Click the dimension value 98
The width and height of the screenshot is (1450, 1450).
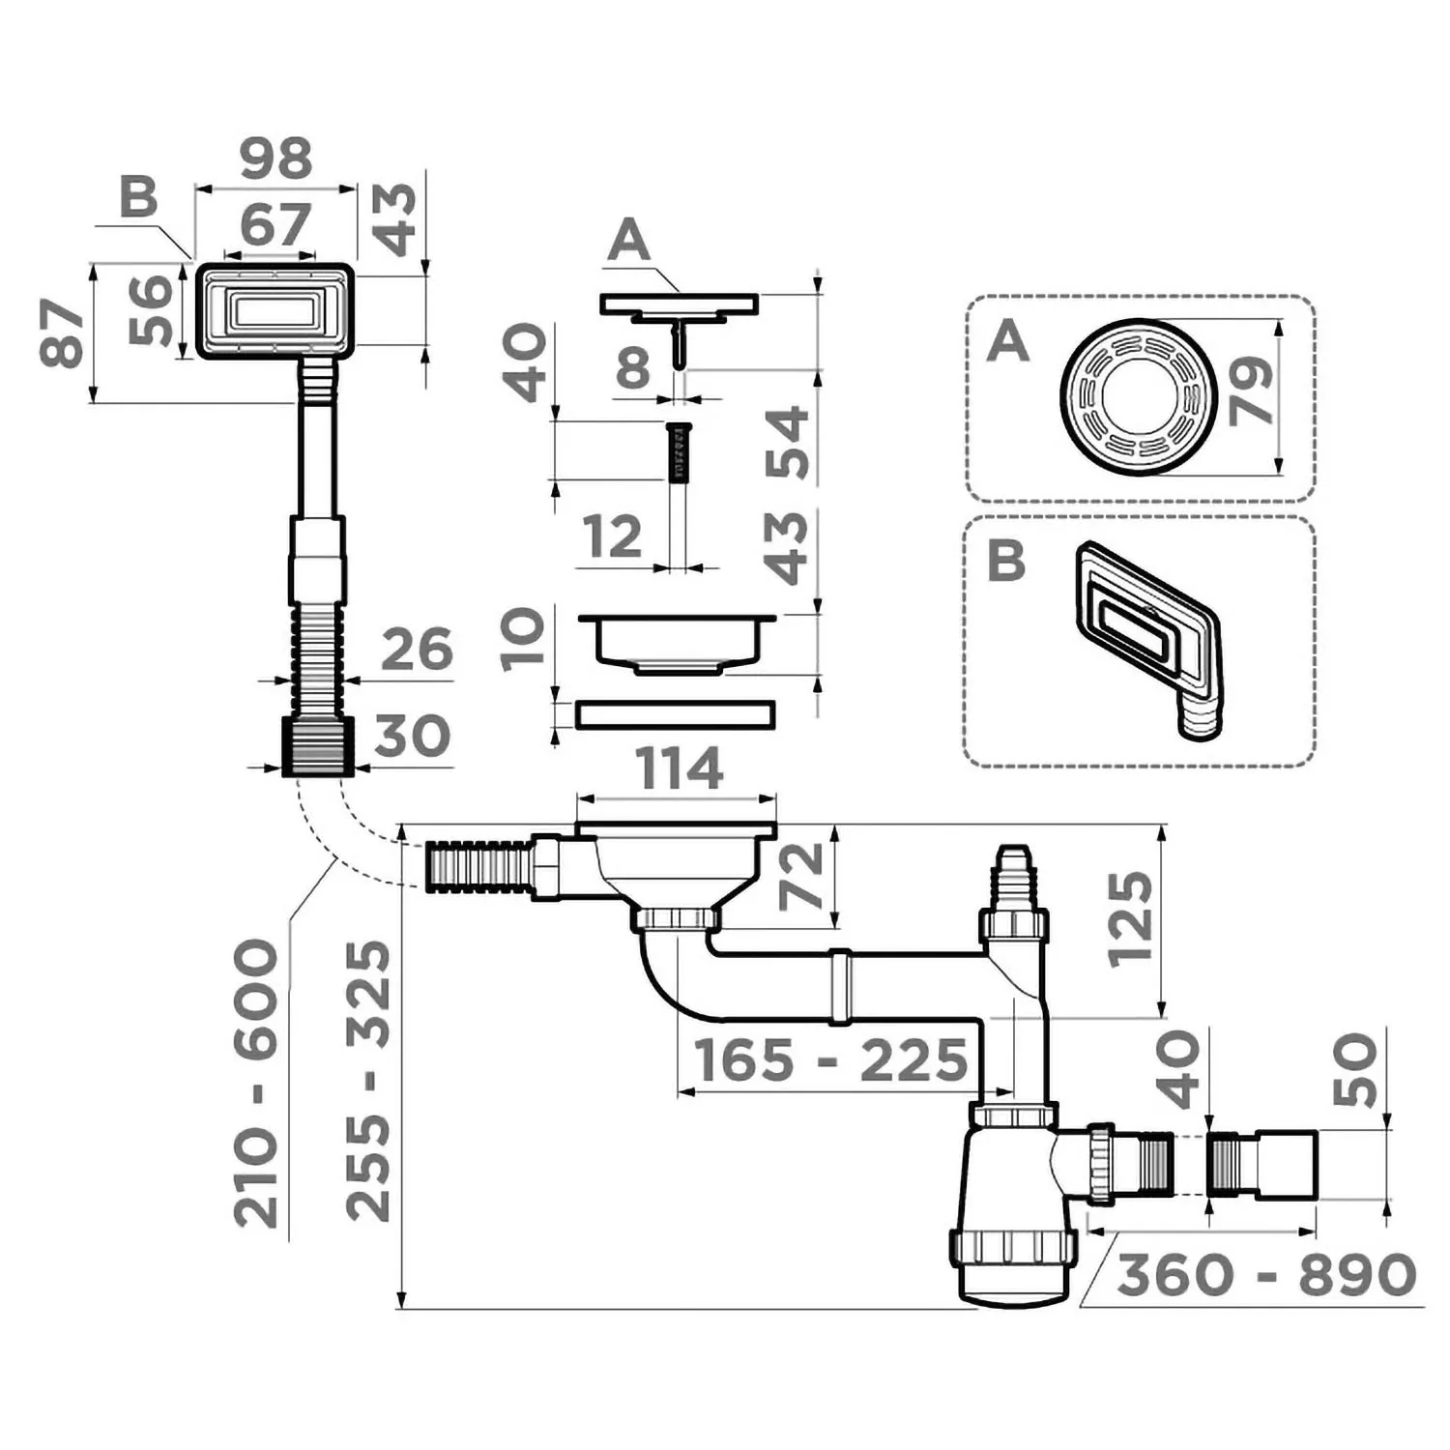pos(276,159)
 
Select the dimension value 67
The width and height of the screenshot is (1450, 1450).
pos(276,224)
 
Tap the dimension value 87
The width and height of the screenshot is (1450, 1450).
pos(63,333)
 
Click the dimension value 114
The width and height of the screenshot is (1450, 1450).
pos(680,769)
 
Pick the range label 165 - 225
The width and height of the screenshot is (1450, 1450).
pos(831,1060)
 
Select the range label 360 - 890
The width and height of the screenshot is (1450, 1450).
pos(1266,1275)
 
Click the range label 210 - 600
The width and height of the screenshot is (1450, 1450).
pos(257,1084)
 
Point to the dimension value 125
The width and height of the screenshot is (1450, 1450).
pos(1130,919)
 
